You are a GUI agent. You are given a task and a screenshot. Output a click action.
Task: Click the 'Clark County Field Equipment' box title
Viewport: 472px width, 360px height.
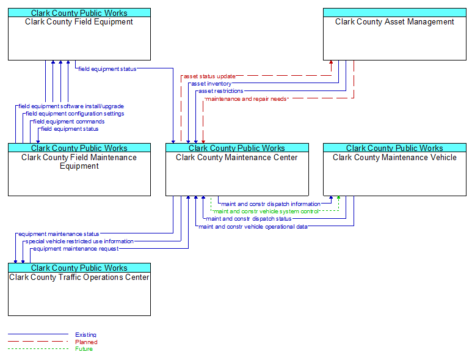79,21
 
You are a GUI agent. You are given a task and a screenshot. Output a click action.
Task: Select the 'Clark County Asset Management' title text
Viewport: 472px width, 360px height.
394,21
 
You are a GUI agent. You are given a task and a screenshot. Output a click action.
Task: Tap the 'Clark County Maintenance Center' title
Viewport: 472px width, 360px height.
236,157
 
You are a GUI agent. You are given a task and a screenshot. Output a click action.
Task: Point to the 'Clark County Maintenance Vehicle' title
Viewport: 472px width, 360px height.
394,157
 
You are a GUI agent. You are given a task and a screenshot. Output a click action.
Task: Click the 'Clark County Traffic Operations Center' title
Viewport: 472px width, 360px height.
79,277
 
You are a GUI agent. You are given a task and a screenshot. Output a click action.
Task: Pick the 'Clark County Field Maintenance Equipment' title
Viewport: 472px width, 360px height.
79,161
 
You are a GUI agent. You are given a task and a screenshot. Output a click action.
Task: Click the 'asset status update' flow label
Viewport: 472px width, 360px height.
209,76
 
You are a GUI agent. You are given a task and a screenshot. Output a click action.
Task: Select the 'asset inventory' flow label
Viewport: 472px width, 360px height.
211,84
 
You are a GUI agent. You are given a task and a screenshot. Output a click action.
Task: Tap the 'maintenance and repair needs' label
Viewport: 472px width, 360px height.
246,99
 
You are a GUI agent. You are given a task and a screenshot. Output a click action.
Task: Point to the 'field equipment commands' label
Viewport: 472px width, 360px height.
69,122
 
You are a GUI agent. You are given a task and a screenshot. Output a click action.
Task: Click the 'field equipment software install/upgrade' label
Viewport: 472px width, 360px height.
71,106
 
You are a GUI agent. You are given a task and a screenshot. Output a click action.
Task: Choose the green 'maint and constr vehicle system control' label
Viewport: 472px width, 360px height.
266,211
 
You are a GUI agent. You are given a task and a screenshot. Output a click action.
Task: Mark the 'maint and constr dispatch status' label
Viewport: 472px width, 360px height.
249,219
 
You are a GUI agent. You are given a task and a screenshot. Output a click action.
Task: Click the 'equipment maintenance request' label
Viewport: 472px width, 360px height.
76,249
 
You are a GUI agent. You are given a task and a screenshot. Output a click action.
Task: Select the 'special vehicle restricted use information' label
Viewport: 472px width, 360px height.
79,241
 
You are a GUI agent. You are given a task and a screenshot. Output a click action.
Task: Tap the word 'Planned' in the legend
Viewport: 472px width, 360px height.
86,342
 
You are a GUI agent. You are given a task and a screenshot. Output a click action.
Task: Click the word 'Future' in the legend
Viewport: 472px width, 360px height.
84,349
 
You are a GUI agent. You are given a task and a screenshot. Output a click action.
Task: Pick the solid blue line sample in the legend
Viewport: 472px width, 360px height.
38,334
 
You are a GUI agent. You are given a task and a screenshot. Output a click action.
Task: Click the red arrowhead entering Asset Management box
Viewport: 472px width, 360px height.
331,62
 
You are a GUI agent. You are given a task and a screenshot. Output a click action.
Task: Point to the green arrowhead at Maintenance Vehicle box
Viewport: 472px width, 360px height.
338,197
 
